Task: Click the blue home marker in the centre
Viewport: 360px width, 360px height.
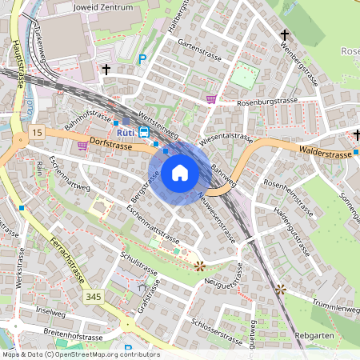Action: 180,173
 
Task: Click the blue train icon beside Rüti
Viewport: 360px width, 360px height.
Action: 144,131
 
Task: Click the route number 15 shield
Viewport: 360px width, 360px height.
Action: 38,130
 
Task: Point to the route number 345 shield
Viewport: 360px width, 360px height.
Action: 94,297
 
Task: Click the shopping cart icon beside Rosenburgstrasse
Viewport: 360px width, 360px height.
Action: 211,99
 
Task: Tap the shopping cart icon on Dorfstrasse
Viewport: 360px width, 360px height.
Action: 83,146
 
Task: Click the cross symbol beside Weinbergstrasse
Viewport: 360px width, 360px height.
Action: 284,34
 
